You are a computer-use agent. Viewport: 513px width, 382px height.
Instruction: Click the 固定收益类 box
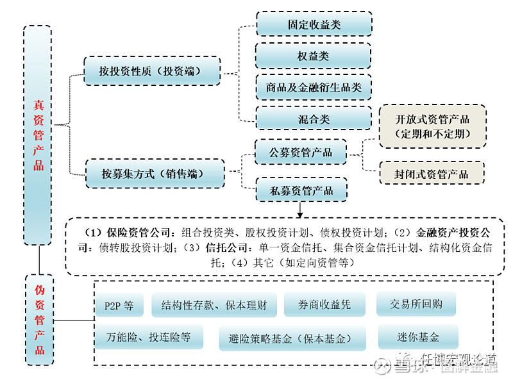[314, 24]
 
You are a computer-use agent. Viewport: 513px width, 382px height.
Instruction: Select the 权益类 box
[314, 56]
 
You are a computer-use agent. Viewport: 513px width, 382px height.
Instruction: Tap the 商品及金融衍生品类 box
[314, 87]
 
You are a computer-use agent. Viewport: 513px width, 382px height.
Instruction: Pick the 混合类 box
[314, 118]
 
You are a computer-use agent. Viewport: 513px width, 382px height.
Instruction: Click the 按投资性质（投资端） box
[152, 71]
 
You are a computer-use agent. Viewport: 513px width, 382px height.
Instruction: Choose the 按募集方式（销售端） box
[155, 174]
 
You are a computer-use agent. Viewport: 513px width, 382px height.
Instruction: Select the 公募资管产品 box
[301, 153]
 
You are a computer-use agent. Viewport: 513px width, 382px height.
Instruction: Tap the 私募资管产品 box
[301, 190]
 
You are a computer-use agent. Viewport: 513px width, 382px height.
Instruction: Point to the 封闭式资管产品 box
[432, 174]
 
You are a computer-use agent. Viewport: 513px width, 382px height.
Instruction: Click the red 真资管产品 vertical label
[38, 135]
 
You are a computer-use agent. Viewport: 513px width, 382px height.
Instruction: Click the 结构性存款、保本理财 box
[214, 305]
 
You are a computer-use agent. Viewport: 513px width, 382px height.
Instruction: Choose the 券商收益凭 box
[324, 305]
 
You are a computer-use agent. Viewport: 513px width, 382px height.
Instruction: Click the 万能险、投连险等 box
[149, 337]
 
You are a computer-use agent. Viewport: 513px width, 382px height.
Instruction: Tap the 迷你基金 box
[418, 337]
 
